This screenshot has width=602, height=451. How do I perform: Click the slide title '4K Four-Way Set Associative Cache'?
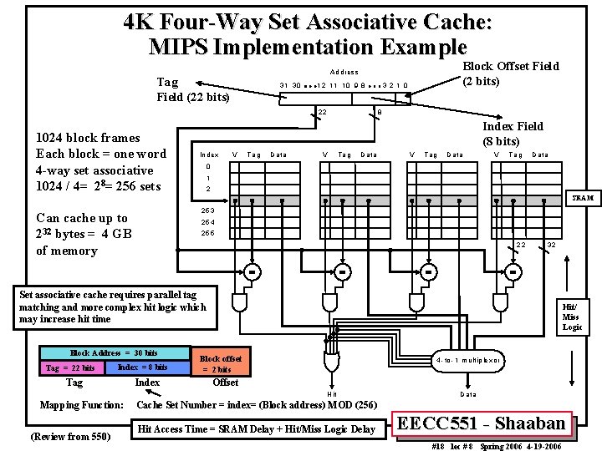tap(307, 21)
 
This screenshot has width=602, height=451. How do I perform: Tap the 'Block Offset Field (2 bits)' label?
tap(510, 73)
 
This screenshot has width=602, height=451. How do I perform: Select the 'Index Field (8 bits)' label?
tap(513, 134)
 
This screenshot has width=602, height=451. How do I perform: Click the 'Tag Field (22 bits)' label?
tap(193, 89)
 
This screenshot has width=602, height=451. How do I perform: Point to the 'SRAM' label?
tap(582, 199)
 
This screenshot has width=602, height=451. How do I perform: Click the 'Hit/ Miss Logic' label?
tap(571, 317)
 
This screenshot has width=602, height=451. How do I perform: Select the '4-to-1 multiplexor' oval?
tap(467, 361)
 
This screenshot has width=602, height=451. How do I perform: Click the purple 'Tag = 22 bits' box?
tap(69, 367)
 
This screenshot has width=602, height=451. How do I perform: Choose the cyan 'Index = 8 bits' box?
tap(143, 367)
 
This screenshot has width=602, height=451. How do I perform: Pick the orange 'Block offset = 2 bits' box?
tap(222, 364)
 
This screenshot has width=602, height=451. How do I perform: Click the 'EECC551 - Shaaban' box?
tap(482, 423)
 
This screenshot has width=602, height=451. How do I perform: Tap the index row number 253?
tap(207, 210)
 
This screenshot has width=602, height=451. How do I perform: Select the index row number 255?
tap(207, 233)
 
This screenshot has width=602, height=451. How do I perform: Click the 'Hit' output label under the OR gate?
tap(332, 393)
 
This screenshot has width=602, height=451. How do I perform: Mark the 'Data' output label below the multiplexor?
tap(467, 393)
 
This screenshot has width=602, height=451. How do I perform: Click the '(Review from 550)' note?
tap(70, 435)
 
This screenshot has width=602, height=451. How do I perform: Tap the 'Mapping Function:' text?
tap(82, 405)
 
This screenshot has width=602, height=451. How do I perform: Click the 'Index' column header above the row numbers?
tap(208, 155)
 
